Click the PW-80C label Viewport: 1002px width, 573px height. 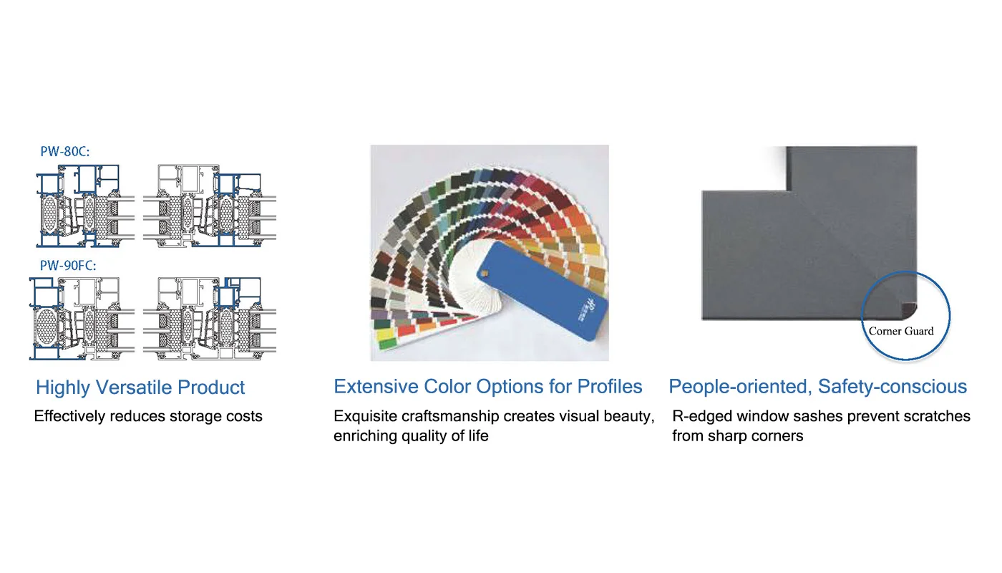[65, 151]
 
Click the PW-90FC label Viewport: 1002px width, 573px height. [68, 266]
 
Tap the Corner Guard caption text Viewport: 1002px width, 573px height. [901, 331]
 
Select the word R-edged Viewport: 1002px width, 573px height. [702, 416]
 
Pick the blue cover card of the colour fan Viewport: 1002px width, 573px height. [543, 291]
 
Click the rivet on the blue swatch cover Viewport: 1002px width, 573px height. [485, 273]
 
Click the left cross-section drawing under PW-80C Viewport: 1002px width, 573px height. [85, 206]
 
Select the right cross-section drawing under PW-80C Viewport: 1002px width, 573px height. [209, 206]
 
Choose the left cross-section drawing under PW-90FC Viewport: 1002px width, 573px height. [82, 319]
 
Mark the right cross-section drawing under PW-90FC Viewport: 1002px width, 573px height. [209, 319]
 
